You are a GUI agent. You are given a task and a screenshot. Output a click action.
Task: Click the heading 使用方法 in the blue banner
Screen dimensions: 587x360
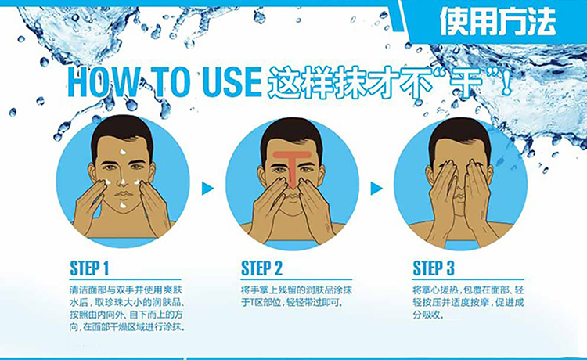(x=498, y=22)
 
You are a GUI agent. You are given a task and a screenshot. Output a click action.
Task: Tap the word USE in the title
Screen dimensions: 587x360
(x=232, y=81)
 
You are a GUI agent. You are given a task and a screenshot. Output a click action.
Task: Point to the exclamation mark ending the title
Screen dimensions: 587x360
(x=506, y=82)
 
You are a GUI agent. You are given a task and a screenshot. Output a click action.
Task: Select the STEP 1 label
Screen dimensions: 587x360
(x=89, y=268)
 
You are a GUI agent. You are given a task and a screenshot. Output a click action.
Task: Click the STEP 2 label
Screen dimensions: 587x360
(x=261, y=268)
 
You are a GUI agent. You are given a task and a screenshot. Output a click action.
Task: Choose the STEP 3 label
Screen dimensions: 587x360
(x=433, y=268)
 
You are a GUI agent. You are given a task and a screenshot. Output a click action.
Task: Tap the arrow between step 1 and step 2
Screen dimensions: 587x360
(x=207, y=189)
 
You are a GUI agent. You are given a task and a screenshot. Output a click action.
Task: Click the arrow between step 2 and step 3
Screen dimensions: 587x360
(x=376, y=189)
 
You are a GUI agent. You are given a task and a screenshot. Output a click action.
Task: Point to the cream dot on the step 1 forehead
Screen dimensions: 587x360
(x=122, y=152)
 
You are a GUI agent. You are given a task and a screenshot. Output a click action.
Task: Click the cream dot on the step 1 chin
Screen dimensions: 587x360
(x=123, y=205)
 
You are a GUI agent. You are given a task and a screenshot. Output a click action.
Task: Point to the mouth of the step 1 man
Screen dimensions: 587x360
(x=123, y=195)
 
